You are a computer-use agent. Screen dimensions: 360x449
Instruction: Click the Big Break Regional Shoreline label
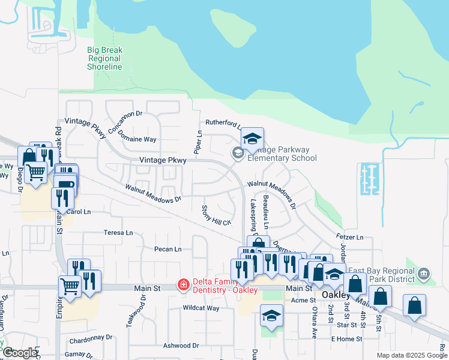[104, 58]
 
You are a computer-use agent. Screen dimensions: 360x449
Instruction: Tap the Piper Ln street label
[198, 141]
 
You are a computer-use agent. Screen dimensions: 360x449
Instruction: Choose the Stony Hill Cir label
[215, 215]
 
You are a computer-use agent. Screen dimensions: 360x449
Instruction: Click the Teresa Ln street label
[118, 233]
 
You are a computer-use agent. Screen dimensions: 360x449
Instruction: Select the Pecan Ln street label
[167, 249]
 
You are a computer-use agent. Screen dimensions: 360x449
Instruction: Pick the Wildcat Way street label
[201, 308]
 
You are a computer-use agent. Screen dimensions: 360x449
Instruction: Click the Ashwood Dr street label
[181, 346]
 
